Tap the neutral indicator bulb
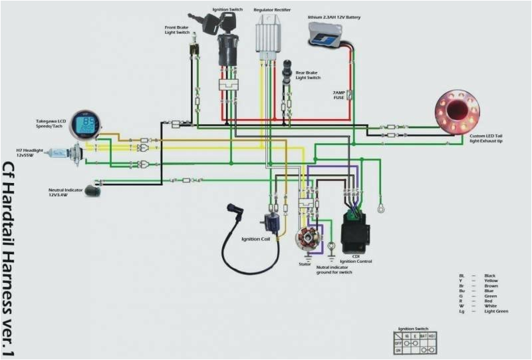click(92, 191)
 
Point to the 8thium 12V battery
click(325, 34)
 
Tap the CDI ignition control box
click(356, 230)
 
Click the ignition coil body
click(271, 220)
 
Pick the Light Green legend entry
click(496, 311)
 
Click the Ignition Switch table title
click(413, 329)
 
